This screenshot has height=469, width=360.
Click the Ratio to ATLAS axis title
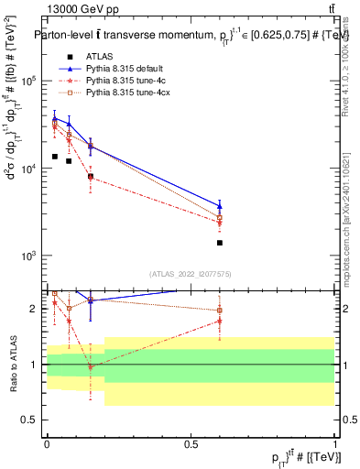[13, 365]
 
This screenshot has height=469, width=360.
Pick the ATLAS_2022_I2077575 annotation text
[190, 273]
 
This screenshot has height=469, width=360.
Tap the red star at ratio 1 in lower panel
[91, 366]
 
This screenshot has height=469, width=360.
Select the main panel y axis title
[13, 156]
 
